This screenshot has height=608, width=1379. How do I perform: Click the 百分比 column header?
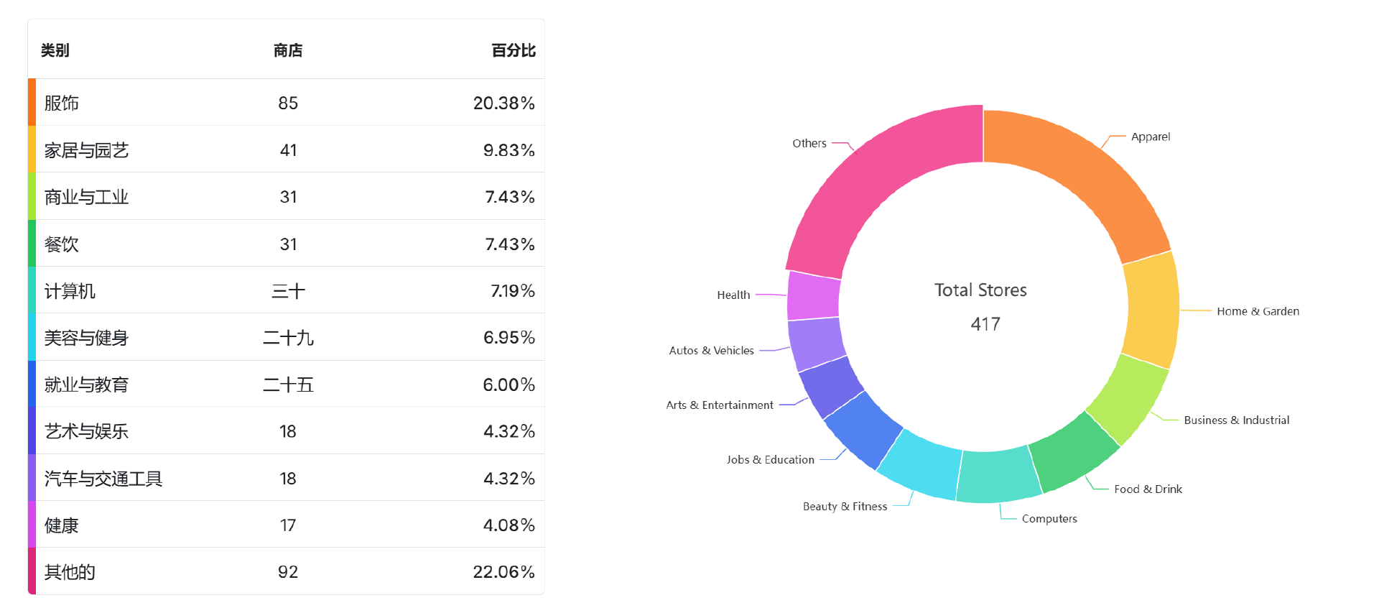point(513,50)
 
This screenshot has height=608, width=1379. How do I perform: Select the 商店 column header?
point(288,50)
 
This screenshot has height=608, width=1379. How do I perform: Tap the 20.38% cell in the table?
point(503,103)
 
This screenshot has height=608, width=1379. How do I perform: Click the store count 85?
point(288,103)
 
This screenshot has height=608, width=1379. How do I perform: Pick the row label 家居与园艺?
point(86,150)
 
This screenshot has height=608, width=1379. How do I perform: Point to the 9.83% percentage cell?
point(509,150)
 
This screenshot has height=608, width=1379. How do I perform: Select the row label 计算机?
point(70,291)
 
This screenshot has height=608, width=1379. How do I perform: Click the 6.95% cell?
point(509,338)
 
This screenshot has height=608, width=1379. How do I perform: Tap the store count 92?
point(288,572)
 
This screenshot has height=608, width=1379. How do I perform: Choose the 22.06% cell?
point(503,572)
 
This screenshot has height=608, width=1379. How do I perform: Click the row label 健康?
point(62,525)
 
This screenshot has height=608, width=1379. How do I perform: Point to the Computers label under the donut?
point(1049,519)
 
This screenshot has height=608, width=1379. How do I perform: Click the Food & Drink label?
point(1148,489)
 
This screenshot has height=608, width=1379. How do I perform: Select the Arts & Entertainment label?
point(720,405)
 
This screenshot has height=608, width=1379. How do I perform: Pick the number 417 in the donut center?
point(985,324)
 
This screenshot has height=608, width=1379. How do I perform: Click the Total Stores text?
point(980,290)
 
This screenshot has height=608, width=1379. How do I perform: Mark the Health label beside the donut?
point(733,295)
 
